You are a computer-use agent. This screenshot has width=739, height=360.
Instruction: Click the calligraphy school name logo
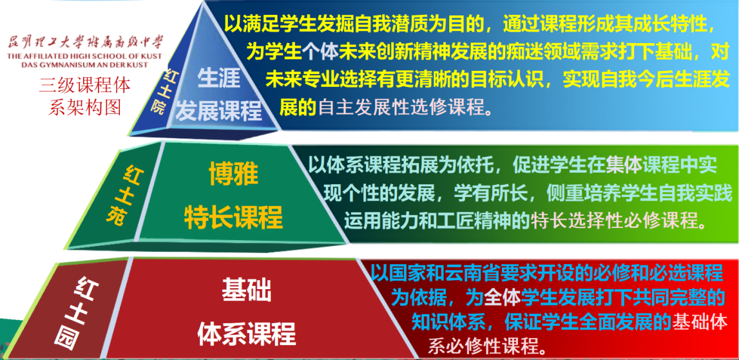85,44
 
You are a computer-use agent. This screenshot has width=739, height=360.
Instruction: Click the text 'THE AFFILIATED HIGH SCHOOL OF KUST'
85,57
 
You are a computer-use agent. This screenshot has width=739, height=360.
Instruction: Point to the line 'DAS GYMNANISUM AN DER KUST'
85,64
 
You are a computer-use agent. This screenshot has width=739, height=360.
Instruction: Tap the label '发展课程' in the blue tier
218,111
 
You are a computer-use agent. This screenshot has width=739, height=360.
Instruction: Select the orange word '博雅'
235,175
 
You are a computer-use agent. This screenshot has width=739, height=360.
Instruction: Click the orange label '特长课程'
233,217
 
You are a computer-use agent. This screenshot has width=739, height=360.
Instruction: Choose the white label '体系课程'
247,334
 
